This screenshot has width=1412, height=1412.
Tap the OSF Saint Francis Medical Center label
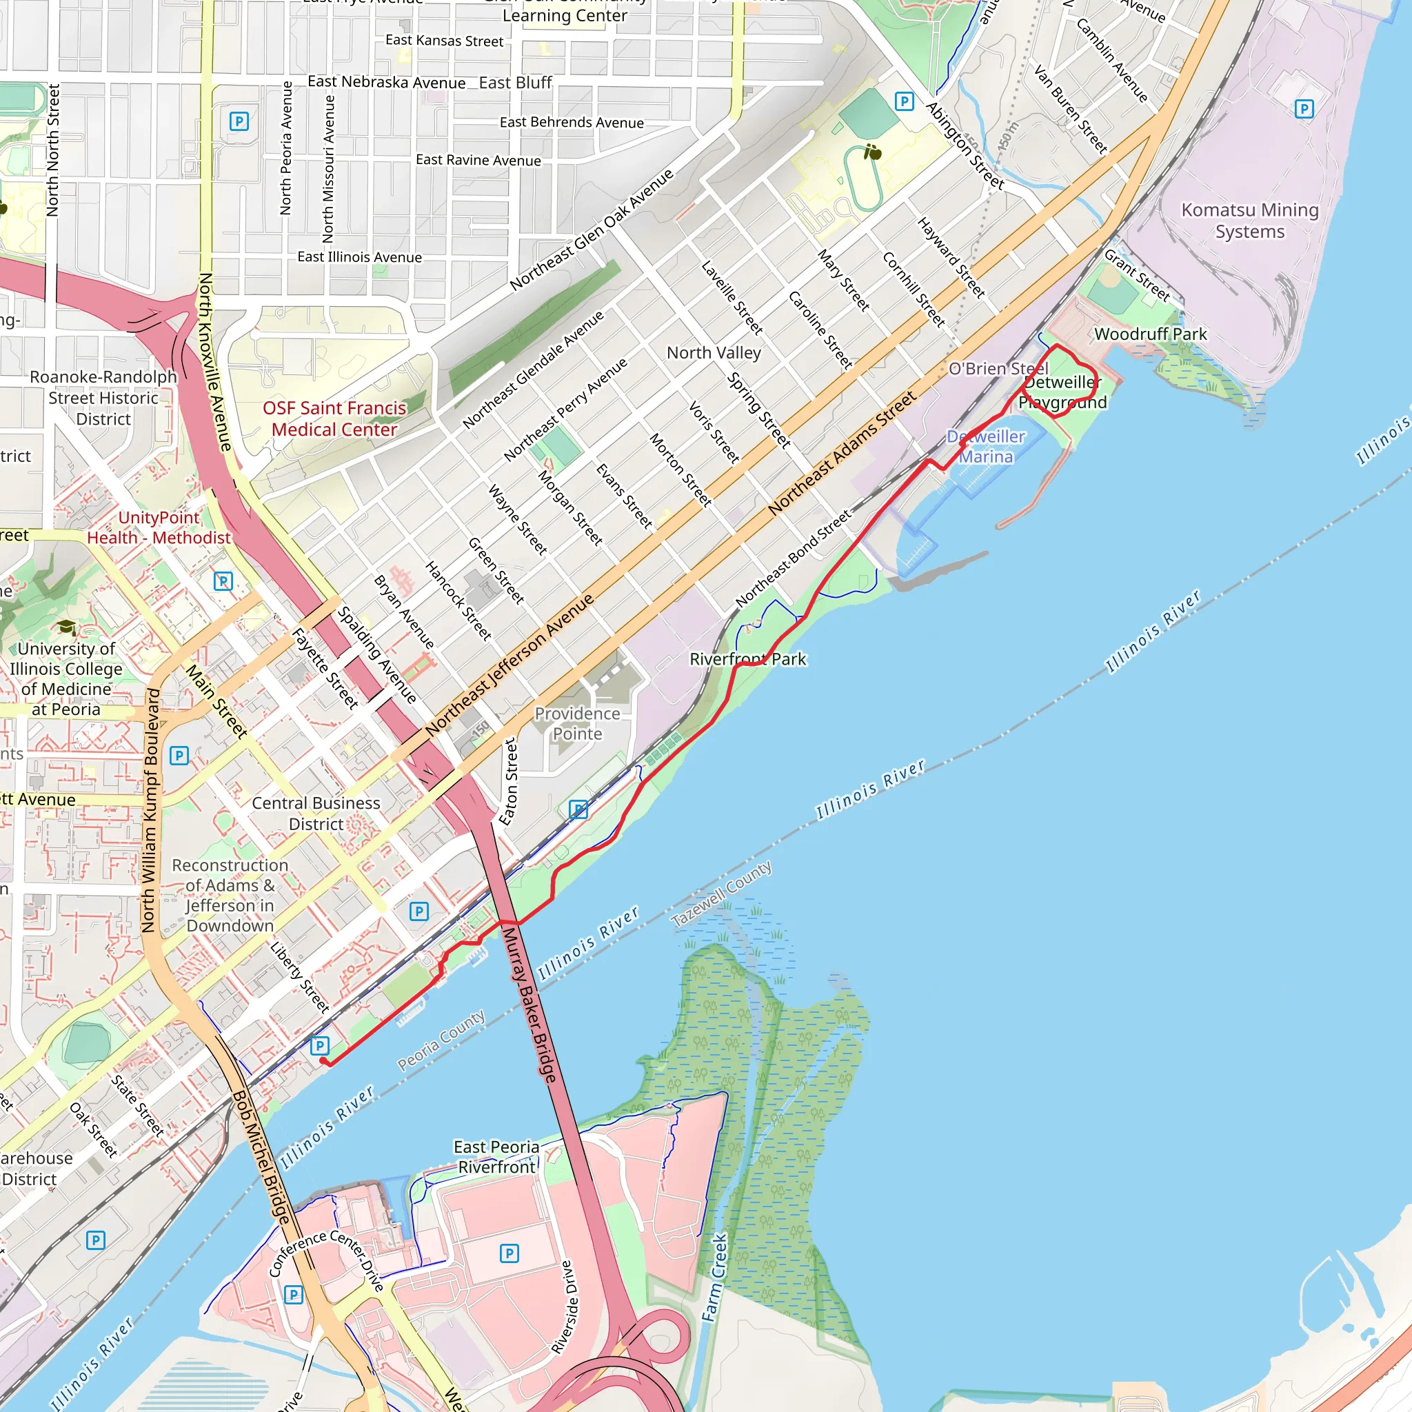coord(334,418)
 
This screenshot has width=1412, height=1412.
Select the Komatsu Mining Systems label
coord(1250,221)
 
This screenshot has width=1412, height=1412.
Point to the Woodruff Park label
coord(1151,334)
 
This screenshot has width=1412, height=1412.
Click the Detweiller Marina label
coord(986,447)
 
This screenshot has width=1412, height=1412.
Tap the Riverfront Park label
coord(747,659)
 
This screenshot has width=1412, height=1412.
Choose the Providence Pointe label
coord(577,723)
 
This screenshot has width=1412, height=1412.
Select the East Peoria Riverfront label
coord(496,1157)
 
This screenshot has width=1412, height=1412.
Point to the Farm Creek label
coord(716,1278)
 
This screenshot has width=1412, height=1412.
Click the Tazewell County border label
coord(721,894)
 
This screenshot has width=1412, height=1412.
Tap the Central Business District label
coord(316,814)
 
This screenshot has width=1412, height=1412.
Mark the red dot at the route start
coord(323,1060)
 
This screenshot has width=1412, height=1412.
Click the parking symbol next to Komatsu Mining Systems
coord(1304,110)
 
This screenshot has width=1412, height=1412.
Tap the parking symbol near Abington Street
coord(904,101)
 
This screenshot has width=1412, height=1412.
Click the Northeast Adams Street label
coord(841,453)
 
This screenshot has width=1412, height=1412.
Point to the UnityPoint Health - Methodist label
coord(159,527)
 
